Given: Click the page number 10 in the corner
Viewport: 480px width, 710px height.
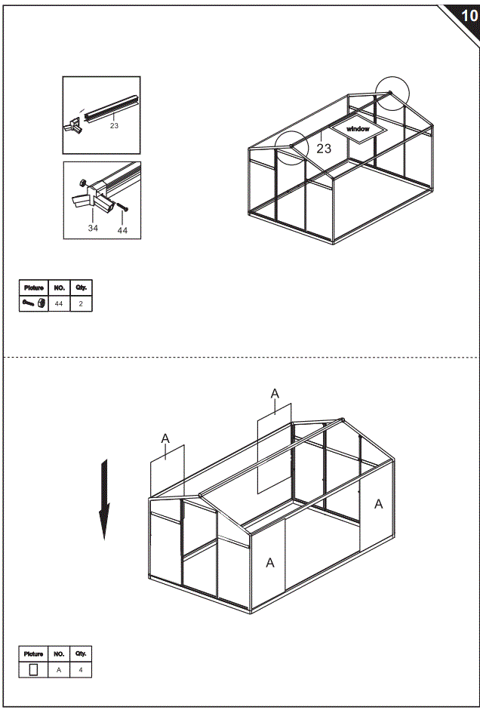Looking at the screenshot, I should point(468,16).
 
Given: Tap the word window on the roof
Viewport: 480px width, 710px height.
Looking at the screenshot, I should point(358,130).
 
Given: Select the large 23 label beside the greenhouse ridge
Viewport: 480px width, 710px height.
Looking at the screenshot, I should point(324,149).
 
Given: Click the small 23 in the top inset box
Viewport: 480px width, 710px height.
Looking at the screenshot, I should point(114,126).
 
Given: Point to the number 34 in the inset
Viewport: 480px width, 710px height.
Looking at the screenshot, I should point(93,227).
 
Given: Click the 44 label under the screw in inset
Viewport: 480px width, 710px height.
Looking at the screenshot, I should point(122,230).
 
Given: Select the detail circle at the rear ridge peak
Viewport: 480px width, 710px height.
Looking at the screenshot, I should point(392,94).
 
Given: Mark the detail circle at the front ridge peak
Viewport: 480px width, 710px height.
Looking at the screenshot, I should point(291,145).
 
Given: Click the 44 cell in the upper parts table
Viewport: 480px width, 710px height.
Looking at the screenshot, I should point(59,303).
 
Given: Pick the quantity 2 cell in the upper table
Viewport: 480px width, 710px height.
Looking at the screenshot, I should point(81,303).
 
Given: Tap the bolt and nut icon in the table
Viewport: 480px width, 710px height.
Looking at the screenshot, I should point(34,303).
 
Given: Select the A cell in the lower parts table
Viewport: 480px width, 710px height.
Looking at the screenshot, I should point(59,669).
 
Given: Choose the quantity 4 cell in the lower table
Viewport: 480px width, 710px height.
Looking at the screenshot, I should point(81,669).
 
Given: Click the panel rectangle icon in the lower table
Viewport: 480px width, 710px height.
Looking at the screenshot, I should point(33,669).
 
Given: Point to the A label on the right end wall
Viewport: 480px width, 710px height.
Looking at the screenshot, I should point(379,504).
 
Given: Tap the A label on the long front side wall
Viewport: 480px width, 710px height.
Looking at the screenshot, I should point(270,563).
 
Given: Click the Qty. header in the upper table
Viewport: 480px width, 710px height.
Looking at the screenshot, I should point(81,287).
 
